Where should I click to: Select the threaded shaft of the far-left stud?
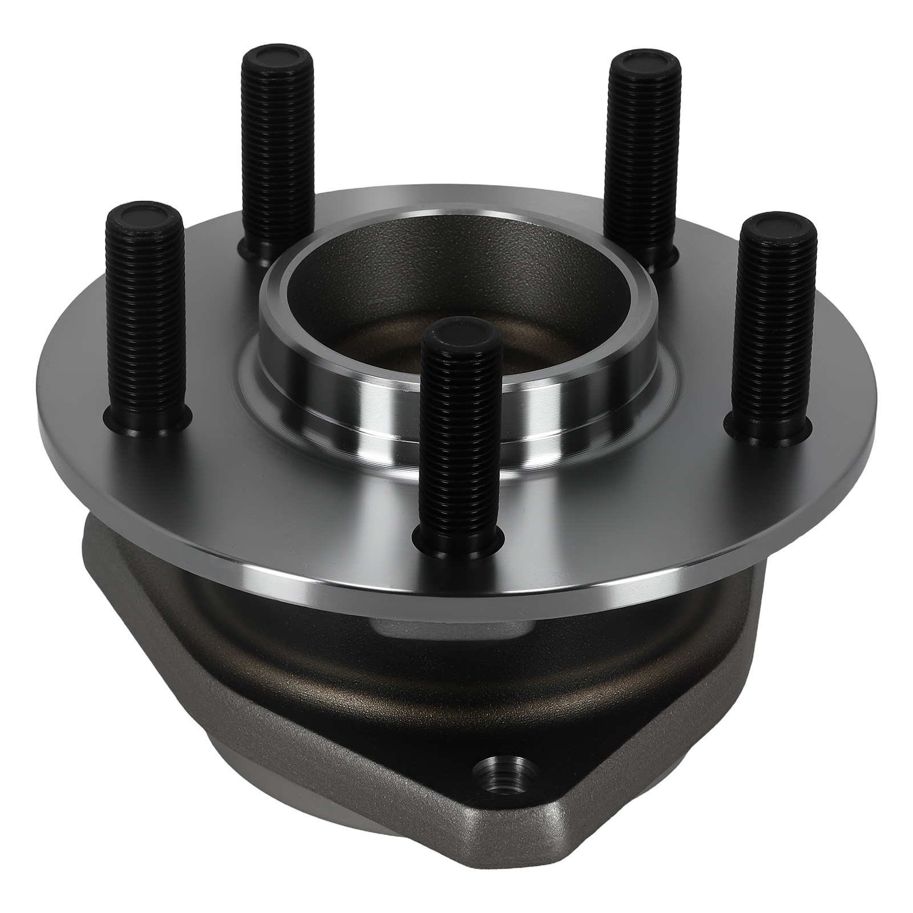click(x=144, y=320)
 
